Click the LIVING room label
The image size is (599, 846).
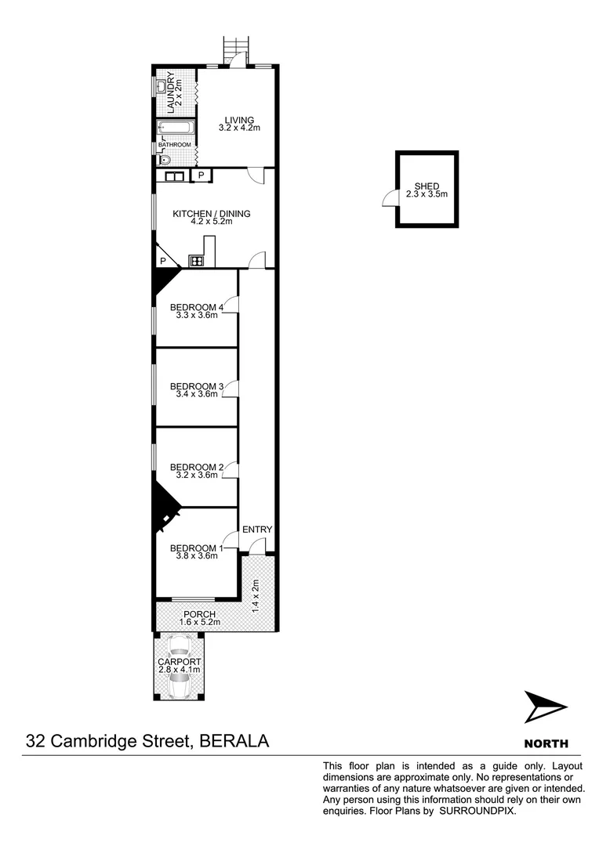click(x=239, y=121)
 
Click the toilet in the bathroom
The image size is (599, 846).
click(x=164, y=160)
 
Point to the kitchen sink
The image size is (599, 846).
click(x=174, y=176)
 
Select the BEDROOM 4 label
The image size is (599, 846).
click(x=197, y=307)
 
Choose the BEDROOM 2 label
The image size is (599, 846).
click(x=197, y=467)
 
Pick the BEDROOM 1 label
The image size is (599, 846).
click(x=197, y=548)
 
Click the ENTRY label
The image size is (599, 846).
click(x=257, y=530)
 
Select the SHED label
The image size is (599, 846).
click(x=427, y=186)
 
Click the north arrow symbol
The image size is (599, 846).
click(x=544, y=707)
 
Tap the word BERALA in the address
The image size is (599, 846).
click(x=235, y=741)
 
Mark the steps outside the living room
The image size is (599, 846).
click(x=233, y=49)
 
